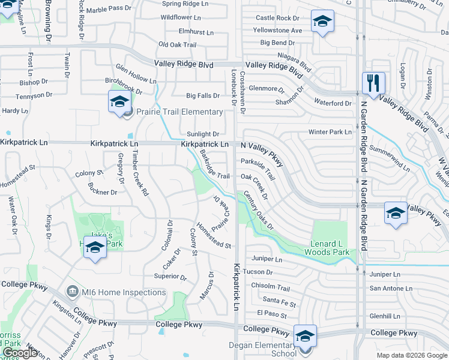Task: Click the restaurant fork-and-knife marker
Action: tap(373, 83)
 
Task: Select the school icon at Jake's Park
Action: tap(95, 247)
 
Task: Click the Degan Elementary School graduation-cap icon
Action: tap(305, 335)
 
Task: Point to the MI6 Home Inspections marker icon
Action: tap(72, 292)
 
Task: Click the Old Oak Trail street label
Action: tap(177, 44)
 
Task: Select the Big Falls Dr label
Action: tap(203, 95)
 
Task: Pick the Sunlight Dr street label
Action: tap(203, 134)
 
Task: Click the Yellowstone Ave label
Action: tap(277, 30)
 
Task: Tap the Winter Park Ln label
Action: tap(330, 131)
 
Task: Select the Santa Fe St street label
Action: tap(279, 299)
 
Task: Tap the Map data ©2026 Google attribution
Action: tap(412, 355)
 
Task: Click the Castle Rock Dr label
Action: tap(277, 19)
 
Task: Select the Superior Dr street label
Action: tap(170, 277)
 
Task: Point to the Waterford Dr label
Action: tap(332, 103)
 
